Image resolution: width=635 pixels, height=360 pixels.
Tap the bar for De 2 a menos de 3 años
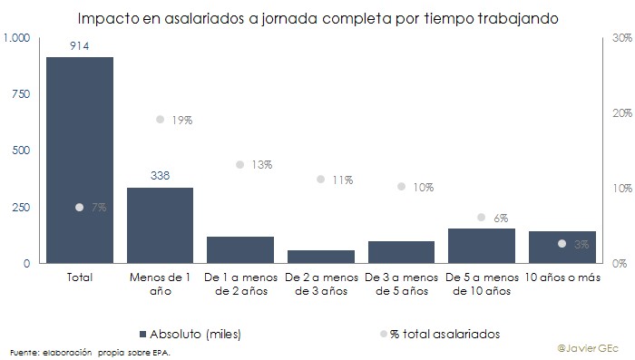(x=320, y=257)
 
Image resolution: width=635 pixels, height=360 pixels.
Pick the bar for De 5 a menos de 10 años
(x=481, y=246)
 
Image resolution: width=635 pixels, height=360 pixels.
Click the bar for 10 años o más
(x=562, y=248)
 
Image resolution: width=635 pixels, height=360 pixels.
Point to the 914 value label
(x=80, y=44)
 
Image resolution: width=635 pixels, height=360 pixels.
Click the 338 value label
(x=160, y=175)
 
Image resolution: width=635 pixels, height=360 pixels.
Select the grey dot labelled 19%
(x=160, y=120)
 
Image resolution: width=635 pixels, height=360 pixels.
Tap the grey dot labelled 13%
(x=240, y=165)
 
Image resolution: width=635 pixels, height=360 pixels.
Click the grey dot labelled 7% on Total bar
(x=80, y=207)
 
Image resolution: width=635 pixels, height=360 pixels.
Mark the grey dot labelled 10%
(x=401, y=187)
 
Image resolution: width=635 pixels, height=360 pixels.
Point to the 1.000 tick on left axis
(x=17, y=37)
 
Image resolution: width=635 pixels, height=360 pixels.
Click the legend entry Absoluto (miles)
(x=190, y=334)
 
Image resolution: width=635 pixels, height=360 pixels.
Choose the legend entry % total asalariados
(x=439, y=334)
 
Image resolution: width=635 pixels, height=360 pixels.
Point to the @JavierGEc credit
(x=590, y=347)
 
